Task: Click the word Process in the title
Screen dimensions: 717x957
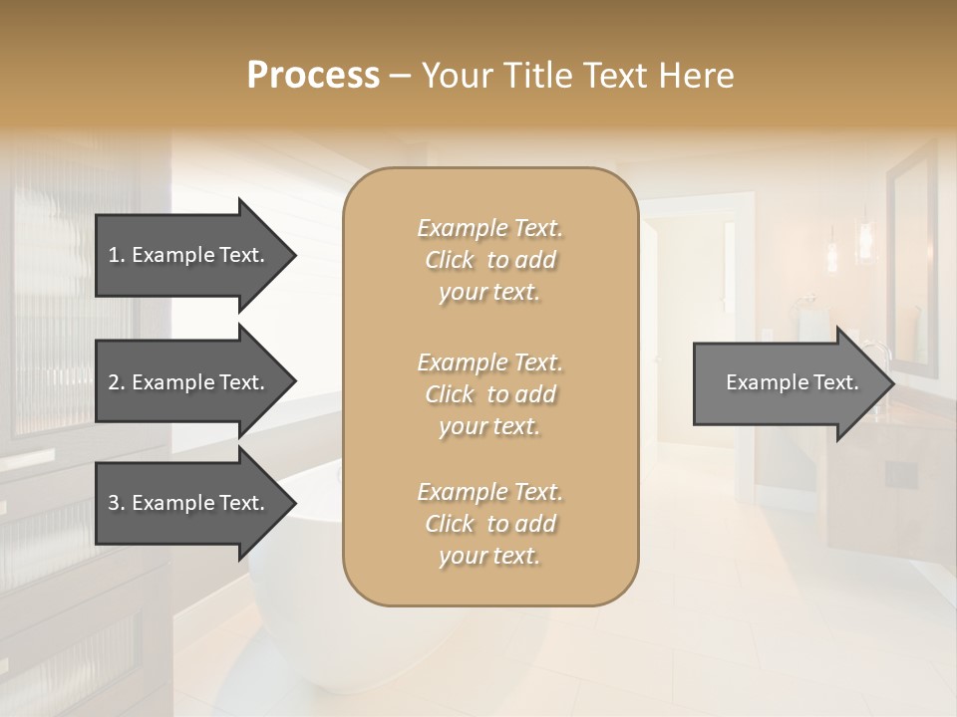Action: (313, 76)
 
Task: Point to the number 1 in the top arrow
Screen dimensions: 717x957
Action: (114, 255)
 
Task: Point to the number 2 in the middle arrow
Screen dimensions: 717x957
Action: (114, 382)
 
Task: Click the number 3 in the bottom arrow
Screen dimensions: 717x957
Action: (114, 503)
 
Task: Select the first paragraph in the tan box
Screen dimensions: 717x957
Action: (489, 260)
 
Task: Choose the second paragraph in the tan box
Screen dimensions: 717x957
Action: (489, 394)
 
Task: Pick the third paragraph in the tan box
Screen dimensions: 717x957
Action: (489, 524)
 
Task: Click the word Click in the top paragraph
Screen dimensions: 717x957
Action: (449, 260)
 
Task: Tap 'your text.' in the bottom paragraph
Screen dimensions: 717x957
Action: (489, 557)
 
